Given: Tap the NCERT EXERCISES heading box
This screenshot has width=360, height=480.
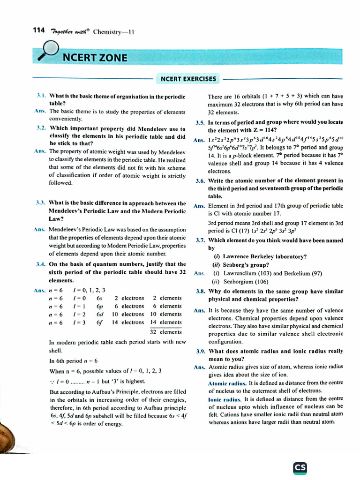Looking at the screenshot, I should point(188,79).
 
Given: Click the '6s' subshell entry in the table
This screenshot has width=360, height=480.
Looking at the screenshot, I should point(99,298).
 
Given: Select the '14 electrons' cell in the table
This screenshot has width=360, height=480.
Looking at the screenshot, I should point(127,322).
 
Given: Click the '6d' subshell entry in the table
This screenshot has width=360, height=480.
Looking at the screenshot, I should point(99,315).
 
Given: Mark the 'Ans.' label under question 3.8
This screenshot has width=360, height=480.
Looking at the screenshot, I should point(200,310).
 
